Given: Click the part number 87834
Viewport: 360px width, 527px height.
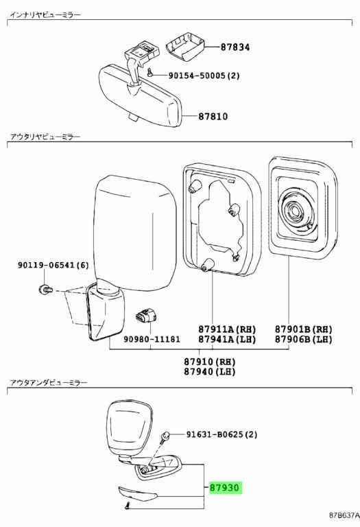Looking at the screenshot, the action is tap(235, 47).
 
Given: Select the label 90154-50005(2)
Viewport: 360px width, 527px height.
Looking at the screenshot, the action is tap(204, 75).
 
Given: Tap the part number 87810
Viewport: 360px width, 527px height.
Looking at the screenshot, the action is tap(213, 117).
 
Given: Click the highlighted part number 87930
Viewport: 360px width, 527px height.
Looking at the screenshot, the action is tap(224, 487).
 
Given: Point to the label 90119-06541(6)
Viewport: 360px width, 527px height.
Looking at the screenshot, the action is tap(53, 265).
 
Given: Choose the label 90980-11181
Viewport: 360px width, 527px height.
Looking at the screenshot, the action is tap(152, 339).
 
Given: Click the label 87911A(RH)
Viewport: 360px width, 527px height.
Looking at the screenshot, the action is tap(227, 329).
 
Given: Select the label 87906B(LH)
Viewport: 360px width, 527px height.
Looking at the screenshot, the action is tap(304, 339).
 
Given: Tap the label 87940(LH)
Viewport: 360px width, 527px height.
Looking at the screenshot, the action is tap(210, 371).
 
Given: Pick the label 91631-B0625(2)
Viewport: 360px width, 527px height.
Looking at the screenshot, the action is tap(222, 434).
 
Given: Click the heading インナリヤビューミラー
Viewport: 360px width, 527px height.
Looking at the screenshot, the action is tap(45, 15).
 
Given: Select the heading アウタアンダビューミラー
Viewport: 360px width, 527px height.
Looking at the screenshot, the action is tap(49, 382).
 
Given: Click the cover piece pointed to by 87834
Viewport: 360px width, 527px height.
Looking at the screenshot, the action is tap(185, 47).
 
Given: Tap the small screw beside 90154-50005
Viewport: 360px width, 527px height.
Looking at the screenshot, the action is tap(149, 72).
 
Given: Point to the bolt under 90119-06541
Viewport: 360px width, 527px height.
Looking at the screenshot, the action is tap(45, 288).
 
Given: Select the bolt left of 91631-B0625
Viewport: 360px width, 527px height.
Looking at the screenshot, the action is tap(165, 437).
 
